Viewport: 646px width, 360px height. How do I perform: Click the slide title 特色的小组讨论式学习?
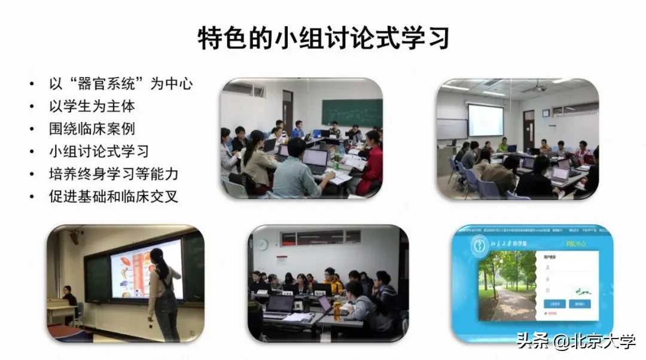point(323,39)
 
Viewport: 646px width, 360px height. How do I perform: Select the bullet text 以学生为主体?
point(92,106)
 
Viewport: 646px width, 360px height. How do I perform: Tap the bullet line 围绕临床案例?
point(92,129)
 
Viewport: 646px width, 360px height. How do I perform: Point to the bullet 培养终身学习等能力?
point(114,174)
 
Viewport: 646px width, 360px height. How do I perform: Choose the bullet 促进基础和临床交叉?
point(114,196)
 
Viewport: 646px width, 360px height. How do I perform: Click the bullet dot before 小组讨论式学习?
point(32,152)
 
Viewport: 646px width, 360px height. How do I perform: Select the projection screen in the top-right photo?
point(485,120)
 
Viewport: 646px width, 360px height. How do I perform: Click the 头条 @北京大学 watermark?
point(575,342)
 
